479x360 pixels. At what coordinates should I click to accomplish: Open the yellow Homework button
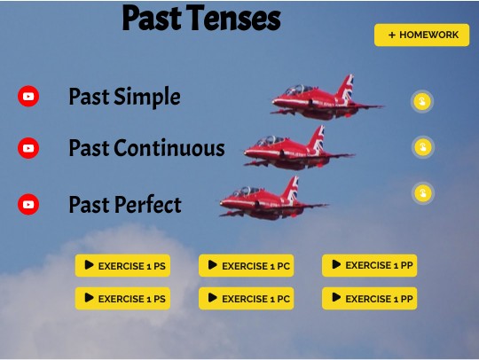click(x=421, y=35)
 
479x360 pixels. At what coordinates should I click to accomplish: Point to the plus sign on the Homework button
click(x=391, y=35)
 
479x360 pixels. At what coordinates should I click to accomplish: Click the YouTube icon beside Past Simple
click(x=28, y=97)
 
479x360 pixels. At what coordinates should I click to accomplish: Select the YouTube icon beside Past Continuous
click(x=28, y=148)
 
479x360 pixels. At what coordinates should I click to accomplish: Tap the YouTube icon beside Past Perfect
click(x=28, y=205)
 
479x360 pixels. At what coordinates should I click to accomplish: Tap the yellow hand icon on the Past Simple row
click(x=422, y=101)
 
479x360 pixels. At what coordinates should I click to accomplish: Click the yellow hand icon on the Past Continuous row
click(x=422, y=147)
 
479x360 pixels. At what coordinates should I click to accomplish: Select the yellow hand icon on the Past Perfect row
click(x=422, y=192)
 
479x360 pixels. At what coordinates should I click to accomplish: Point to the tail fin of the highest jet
click(x=345, y=86)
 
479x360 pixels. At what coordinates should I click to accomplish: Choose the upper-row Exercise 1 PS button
click(x=122, y=265)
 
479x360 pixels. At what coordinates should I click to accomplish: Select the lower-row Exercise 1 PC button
click(x=246, y=299)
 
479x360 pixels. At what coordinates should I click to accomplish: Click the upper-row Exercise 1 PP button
click(x=369, y=265)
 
